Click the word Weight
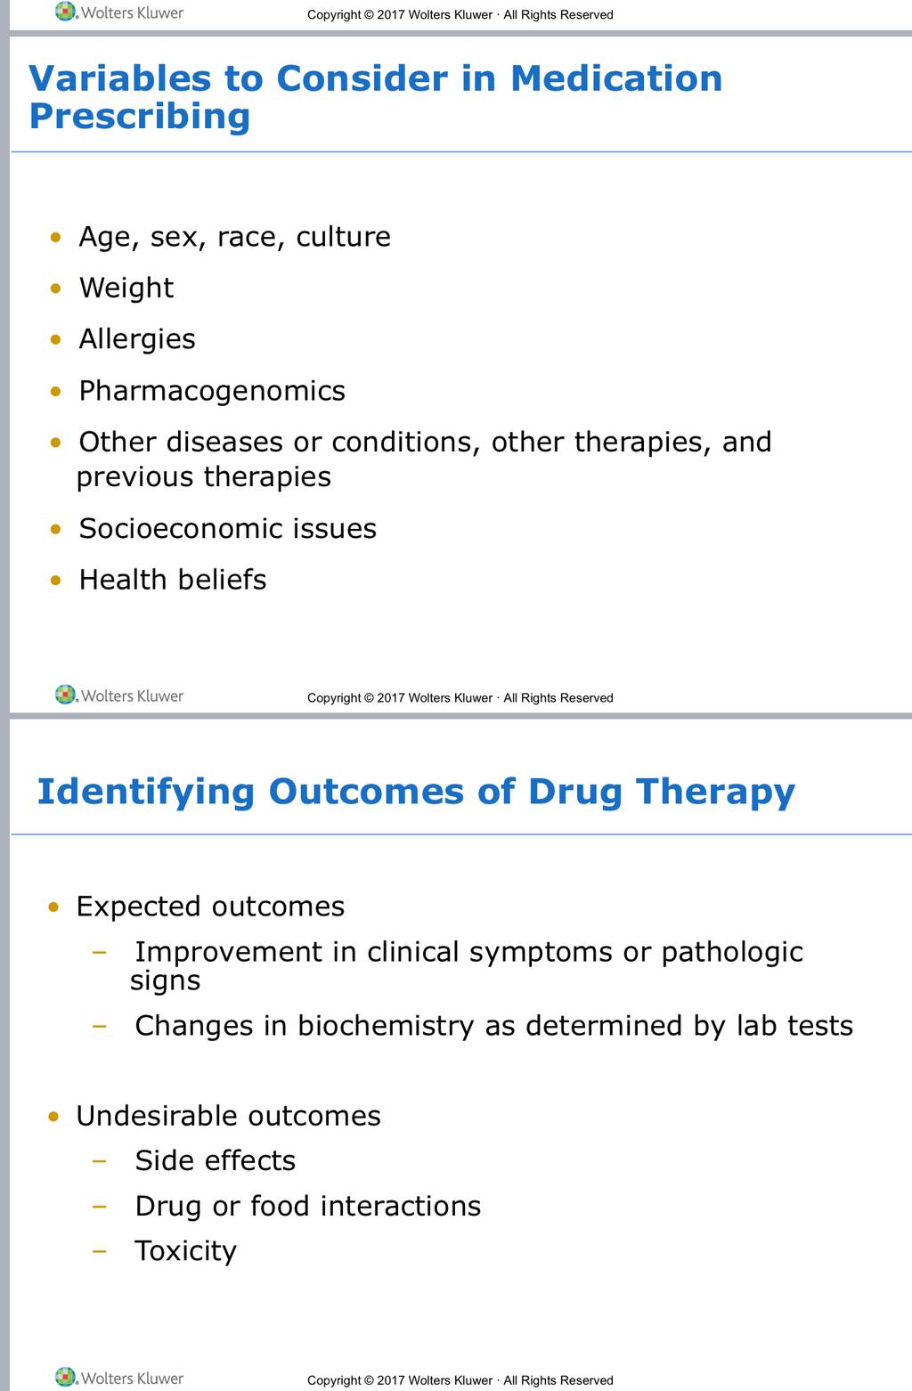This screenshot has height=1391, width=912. (126, 289)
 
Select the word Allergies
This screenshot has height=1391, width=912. (136, 339)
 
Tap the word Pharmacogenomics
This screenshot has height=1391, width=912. (212, 392)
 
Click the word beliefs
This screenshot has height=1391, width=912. (222, 580)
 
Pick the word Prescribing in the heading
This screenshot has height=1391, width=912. (140, 117)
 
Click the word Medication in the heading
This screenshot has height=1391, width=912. (615, 79)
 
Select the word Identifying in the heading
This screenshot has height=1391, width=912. (146, 793)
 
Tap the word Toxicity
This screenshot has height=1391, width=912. (186, 1251)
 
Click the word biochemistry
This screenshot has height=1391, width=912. (386, 1026)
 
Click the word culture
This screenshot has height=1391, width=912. (343, 237)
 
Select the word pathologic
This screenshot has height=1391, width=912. (732, 953)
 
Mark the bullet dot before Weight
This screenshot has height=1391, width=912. (56, 289)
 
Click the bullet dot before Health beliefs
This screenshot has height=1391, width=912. (56, 581)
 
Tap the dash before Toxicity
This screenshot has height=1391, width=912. (100, 1251)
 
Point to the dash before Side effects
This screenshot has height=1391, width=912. (100, 1160)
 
